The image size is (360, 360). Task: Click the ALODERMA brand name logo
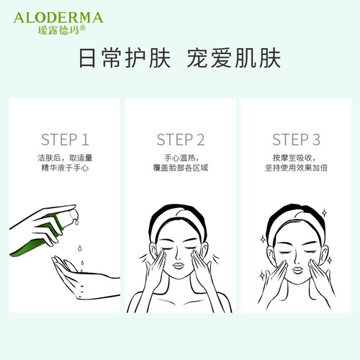(x=58, y=18)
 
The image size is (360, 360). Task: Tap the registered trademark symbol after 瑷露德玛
(x=82, y=29)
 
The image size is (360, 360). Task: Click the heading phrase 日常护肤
(x=125, y=58)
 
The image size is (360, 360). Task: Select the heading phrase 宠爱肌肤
(x=234, y=58)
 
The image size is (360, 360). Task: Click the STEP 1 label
(x=65, y=140)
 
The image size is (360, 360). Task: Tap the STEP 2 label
(x=181, y=140)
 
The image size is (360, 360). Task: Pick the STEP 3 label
(x=296, y=140)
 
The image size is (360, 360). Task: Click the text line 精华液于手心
(x=65, y=168)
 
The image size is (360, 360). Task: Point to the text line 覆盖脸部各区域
(x=181, y=168)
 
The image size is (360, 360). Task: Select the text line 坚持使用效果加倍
(x=296, y=168)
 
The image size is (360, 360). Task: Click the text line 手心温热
(x=180, y=158)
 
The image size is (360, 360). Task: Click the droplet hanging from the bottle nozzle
(x=76, y=222)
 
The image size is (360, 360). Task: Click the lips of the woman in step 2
(x=178, y=266)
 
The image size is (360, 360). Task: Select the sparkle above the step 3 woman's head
(x=324, y=213)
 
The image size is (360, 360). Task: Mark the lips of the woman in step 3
(x=297, y=270)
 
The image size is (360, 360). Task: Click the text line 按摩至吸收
(x=294, y=158)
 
